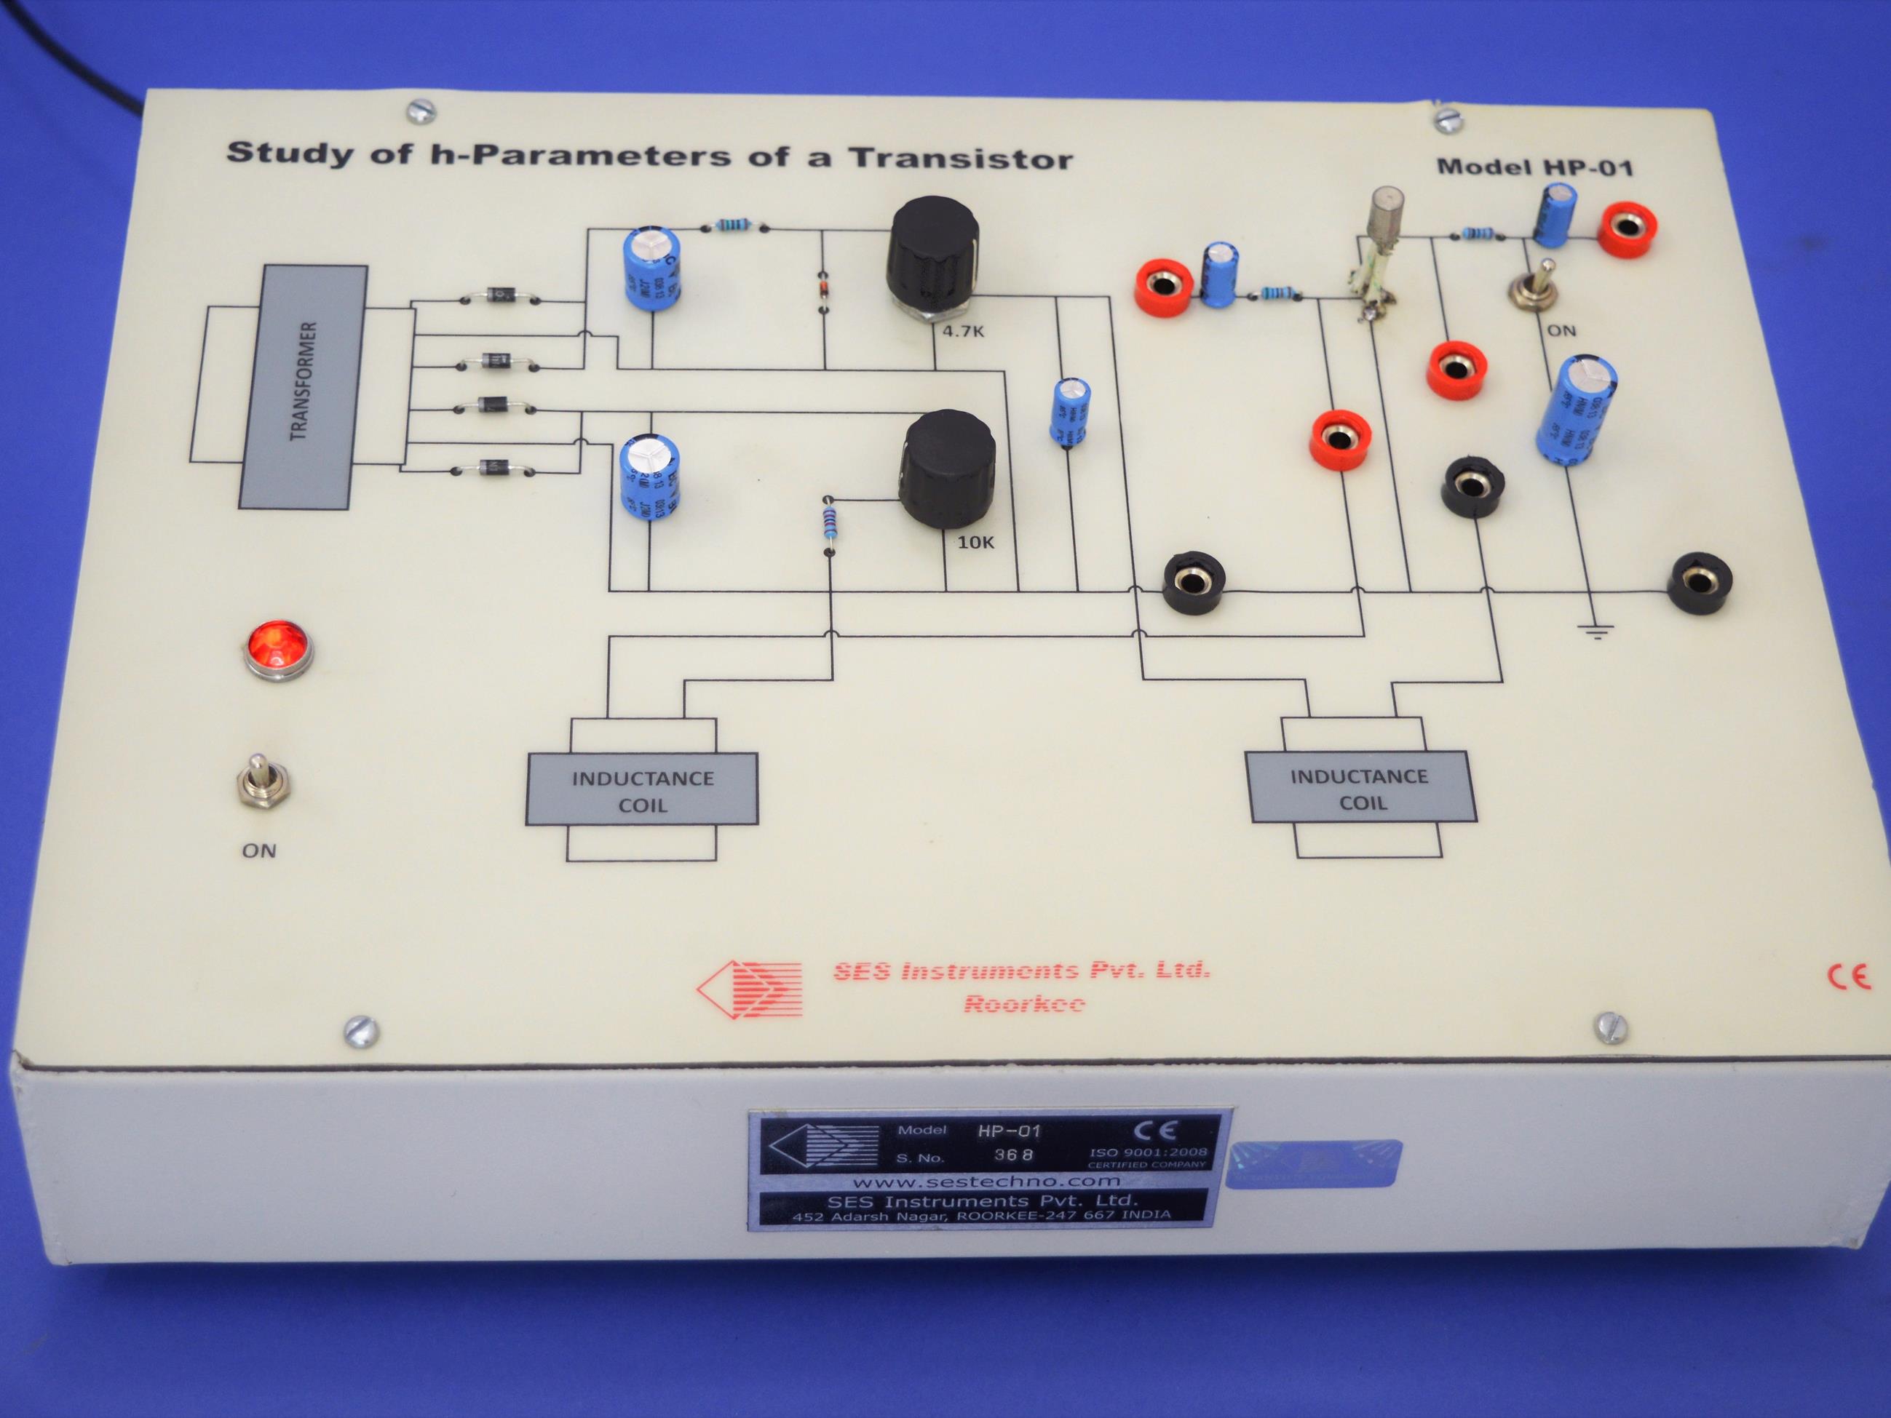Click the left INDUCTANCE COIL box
pos(641,790)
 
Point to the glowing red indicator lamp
pos(278,649)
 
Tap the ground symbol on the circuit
pos(1595,632)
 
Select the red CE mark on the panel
pos(1848,976)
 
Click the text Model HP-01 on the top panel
pos(1534,167)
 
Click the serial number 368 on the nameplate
pos(1013,1155)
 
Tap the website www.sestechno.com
pos(986,1182)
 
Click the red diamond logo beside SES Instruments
pos(750,989)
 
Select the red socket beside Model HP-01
pos(1628,228)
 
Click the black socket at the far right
pos(1700,582)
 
